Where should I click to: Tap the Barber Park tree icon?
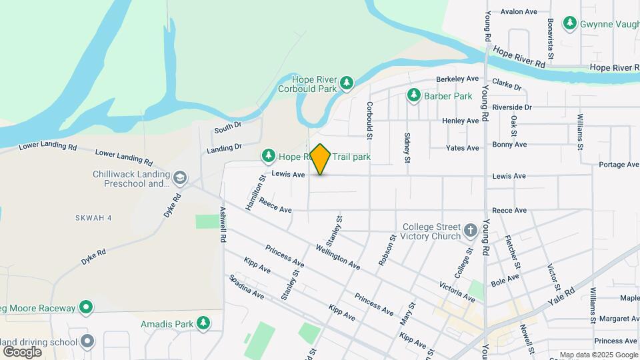tap(414, 96)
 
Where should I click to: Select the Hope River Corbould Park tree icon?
tap(346, 83)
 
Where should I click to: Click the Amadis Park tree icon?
tap(203, 324)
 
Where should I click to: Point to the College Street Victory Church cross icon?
tap(471, 231)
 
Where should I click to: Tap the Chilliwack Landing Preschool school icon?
tap(179, 178)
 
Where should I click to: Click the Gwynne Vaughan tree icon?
tap(569, 23)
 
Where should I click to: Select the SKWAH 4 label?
tap(93, 218)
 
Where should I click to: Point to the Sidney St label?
tap(407, 147)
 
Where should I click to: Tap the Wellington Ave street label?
tap(338, 257)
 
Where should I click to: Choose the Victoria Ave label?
tap(457, 287)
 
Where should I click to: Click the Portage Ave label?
tap(619, 165)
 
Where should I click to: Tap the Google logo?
tap(22, 351)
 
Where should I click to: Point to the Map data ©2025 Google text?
tap(598, 355)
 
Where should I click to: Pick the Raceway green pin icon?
tap(85, 307)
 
